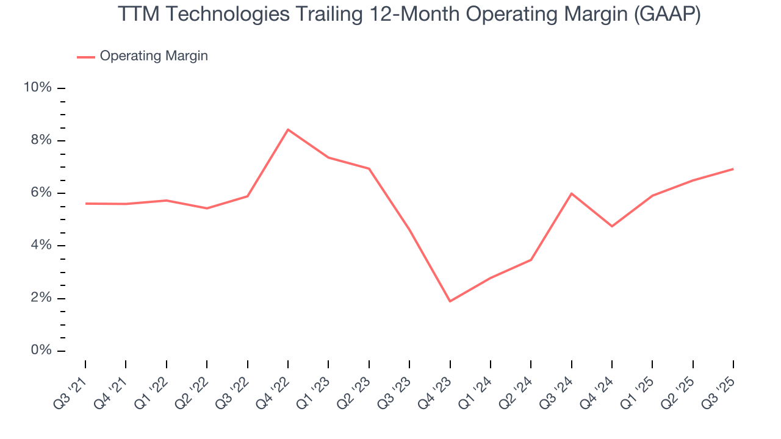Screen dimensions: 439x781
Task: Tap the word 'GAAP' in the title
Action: pos(666,15)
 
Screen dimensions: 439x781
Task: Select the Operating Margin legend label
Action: pos(154,56)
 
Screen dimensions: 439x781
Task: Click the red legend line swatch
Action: pos(86,57)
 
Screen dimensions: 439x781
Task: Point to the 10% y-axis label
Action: pos(37,88)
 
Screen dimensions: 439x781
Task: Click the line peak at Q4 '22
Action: pos(288,129)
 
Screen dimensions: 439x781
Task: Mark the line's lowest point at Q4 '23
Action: pos(450,301)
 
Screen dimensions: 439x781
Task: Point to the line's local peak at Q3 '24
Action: pos(572,193)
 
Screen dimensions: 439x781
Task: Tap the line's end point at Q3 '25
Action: pos(733,169)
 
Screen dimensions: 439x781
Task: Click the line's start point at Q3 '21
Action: pos(85,203)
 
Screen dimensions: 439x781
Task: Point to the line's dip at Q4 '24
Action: pos(612,226)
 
